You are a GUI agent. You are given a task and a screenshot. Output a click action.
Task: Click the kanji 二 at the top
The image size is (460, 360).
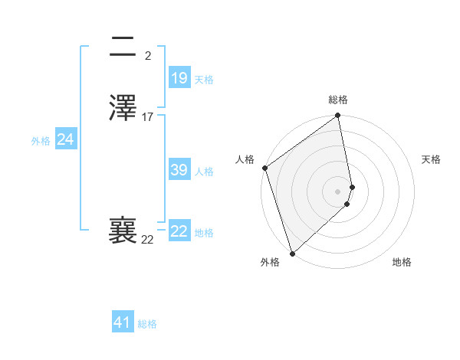[123, 47]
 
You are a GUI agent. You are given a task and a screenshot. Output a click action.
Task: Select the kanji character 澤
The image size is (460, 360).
[123, 107]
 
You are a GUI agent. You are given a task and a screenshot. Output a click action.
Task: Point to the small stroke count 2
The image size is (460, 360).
[148, 55]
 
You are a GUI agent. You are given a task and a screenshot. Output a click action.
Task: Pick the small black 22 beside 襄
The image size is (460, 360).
[147, 240]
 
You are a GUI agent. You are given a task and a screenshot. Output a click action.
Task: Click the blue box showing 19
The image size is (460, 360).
[179, 77]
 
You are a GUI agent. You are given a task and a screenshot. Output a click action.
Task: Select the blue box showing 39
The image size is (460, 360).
[179, 170]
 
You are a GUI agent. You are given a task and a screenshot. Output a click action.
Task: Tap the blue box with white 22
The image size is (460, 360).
[179, 231]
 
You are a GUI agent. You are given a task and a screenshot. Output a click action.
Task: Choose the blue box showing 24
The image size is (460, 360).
[66, 139]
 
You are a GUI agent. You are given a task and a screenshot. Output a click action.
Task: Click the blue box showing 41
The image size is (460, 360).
[123, 322]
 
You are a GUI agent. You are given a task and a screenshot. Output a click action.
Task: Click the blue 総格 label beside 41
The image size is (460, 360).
[147, 324]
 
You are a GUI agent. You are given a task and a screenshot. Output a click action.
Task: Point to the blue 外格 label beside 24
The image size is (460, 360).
[41, 141]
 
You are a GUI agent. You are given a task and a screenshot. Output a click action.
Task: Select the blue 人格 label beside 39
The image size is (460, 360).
[205, 172]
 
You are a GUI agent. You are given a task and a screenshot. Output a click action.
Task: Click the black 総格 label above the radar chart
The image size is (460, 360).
[338, 100]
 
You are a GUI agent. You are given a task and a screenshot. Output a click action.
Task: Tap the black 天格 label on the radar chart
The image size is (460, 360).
[432, 159]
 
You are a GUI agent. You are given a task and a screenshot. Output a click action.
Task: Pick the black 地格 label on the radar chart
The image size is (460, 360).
[402, 262]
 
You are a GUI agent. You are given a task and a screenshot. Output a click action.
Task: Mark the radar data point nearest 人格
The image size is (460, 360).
[264, 168]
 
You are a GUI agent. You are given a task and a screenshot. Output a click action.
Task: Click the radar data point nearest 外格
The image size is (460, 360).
[291, 253]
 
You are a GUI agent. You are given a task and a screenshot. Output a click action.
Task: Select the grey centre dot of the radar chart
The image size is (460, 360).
[338, 191]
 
